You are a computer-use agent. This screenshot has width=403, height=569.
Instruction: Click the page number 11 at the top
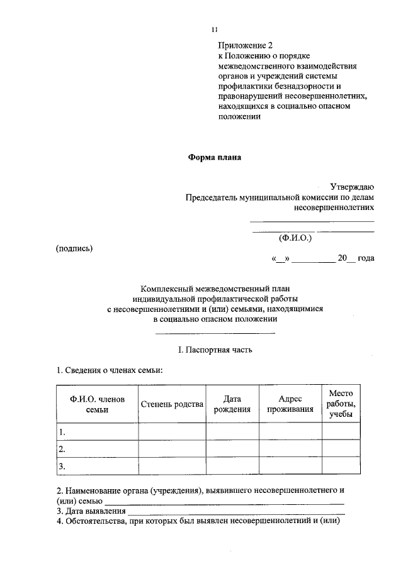click(215, 30)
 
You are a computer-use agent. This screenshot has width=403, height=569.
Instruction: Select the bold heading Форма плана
click(215, 158)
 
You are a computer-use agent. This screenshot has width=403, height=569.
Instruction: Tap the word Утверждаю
click(353, 187)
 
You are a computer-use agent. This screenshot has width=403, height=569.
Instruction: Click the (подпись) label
click(74, 248)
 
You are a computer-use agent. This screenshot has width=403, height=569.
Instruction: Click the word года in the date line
click(366, 259)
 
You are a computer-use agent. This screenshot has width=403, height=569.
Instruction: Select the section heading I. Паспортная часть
click(215, 349)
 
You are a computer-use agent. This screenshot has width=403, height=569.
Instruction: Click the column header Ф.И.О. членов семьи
click(93, 404)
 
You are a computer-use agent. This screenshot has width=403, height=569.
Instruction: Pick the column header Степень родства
click(172, 404)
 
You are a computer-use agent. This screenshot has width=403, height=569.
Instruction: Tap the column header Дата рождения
click(232, 404)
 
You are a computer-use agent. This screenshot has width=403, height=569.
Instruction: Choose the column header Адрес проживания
click(290, 404)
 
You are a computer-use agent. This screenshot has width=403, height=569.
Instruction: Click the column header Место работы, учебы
click(341, 404)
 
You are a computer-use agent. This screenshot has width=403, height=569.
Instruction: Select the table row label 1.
click(62, 432)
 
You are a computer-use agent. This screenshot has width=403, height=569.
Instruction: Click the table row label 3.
click(62, 466)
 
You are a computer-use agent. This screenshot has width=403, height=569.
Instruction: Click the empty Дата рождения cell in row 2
click(232, 449)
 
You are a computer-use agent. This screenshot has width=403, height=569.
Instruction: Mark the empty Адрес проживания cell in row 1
click(290, 432)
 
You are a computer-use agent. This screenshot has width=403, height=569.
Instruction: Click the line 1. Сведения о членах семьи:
click(110, 370)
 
